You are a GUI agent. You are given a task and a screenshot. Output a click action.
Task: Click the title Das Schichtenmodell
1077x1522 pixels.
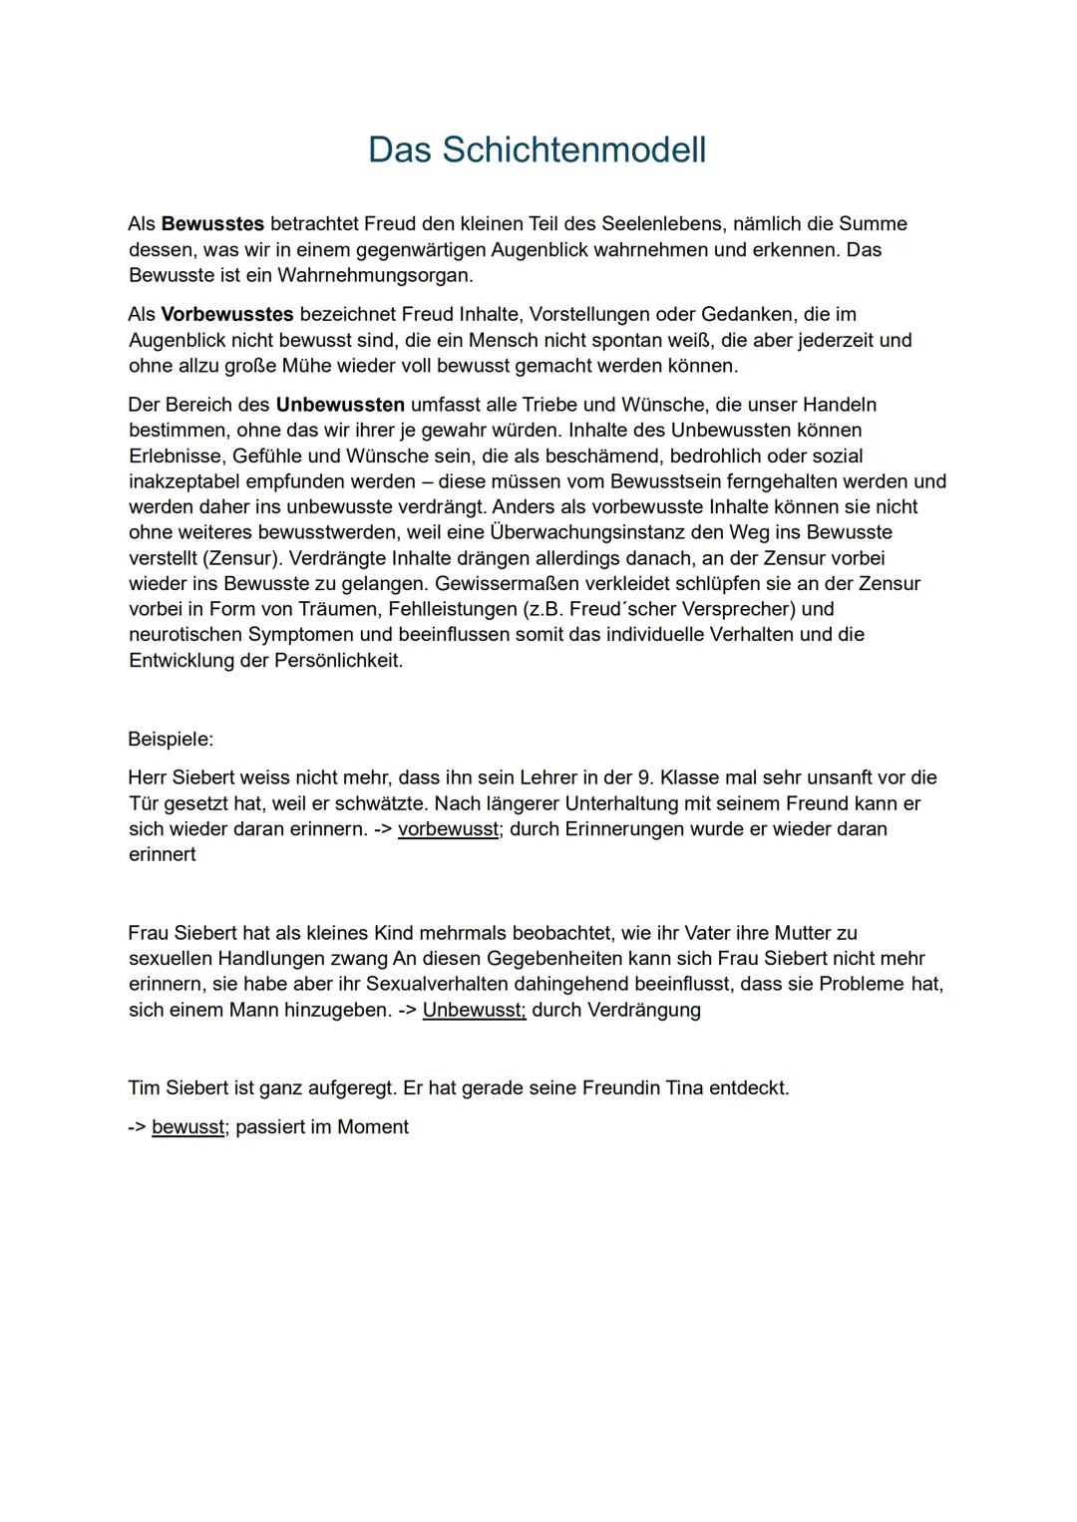[x=537, y=150]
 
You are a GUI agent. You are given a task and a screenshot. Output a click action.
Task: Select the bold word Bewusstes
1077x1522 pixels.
[x=212, y=224]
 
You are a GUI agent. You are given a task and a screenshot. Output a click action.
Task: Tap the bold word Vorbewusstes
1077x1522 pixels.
[x=227, y=315]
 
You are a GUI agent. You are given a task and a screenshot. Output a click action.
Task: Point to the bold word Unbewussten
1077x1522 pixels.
[x=340, y=405]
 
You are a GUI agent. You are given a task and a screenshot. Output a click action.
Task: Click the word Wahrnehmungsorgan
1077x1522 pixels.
[x=375, y=275]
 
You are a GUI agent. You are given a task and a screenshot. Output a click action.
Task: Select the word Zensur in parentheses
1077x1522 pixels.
[x=240, y=558]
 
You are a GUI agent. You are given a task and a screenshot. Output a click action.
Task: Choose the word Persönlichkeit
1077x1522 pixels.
[x=338, y=661]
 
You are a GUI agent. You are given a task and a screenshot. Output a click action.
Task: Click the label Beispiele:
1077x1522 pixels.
[x=171, y=740]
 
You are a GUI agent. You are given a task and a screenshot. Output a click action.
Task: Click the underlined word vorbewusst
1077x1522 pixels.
[x=448, y=829]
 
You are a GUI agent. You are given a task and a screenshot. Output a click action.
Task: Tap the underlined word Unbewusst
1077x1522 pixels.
[x=474, y=1011]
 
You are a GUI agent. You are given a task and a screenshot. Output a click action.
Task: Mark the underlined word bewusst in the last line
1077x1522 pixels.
[x=187, y=1127]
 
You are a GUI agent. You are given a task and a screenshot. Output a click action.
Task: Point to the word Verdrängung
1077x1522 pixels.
[x=643, y=1011]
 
